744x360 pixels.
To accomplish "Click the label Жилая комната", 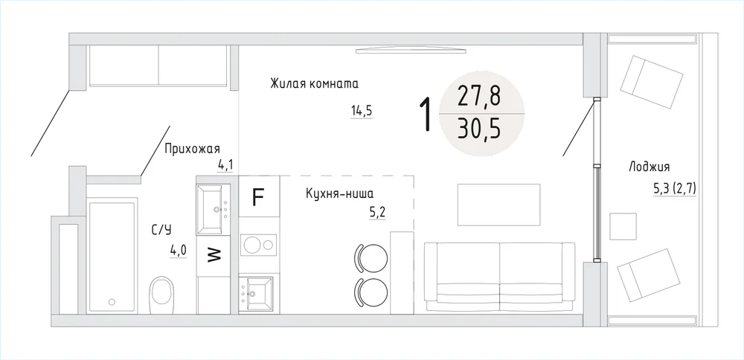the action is [314, 85].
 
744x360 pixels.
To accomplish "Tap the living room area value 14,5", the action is [362, 112].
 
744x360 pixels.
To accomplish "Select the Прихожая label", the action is [192, 150].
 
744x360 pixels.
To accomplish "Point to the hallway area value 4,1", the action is [225, 165].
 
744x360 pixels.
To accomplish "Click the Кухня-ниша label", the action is [340, 193].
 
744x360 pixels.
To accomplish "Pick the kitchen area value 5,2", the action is [378, 212].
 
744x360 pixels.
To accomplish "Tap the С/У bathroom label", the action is [161, 231].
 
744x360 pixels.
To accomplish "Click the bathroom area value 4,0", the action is [179, 251].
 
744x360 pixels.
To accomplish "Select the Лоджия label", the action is [649, 167].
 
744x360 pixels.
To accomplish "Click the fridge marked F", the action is [259, 197].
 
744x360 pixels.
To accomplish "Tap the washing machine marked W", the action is [214, 256].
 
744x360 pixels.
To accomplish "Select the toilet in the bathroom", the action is [161, 295].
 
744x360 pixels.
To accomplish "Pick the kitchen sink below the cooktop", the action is [257, 294].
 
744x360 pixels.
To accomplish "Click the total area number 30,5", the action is [479, 129].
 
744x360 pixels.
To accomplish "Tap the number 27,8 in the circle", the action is [479, 97].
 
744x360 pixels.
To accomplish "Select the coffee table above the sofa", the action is [498, 205].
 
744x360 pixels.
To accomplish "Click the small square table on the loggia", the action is [623, 226].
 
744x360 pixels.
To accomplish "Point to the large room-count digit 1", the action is [427, 114].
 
